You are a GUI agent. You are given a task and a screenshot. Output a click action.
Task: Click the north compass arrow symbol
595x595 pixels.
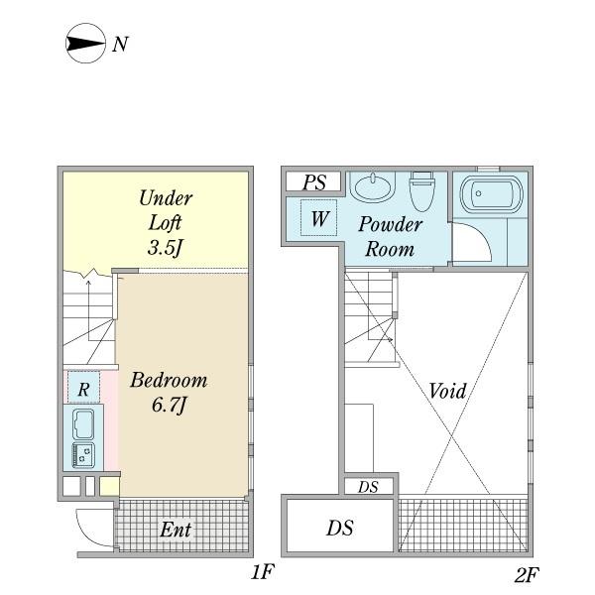[x=85, y=44]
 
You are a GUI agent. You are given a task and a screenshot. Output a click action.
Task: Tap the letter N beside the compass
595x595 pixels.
[x=120, y=45]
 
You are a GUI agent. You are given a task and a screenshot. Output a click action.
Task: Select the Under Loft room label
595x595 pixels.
[x=166, y=222]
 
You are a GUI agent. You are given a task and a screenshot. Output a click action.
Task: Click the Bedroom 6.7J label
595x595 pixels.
[x=169, y=393]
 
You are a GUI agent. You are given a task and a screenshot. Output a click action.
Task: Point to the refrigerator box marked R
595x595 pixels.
[x=84, y=387]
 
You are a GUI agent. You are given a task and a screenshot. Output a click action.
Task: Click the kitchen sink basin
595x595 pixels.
[x=83, y=424]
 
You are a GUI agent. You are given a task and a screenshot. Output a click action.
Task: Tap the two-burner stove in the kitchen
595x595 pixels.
[x=83, y=455]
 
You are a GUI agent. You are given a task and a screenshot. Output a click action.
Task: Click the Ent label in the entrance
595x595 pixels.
[x=176, y=530]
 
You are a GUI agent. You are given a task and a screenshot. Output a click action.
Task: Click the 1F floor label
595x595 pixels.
[x=262, y=572]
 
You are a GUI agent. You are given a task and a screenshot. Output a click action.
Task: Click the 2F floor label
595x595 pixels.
[x=527, y=574]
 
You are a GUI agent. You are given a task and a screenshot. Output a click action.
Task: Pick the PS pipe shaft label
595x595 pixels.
[x=314, y=182]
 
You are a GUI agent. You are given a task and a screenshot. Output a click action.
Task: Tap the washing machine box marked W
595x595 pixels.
[x=318, y=218]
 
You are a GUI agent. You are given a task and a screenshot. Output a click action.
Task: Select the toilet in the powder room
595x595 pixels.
[x=421, y=190]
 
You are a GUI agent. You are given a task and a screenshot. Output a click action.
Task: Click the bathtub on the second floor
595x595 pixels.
[x=491, y=193]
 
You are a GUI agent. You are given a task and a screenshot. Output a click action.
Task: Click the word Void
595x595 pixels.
[x=447, y=391]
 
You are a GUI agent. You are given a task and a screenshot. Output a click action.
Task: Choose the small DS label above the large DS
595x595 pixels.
[x=368, y=487]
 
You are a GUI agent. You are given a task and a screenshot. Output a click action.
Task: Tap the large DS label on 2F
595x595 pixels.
[x=339, y=528]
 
